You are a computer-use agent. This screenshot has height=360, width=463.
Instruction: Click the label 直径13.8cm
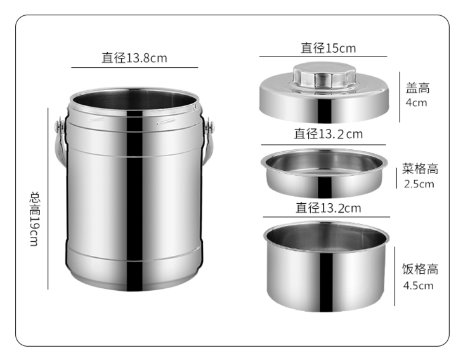point(134,58)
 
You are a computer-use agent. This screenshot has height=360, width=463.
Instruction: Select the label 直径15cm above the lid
point(329,48)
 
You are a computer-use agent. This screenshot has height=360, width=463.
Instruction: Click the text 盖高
point(417,88)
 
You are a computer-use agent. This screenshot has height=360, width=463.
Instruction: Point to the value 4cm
point(416,103)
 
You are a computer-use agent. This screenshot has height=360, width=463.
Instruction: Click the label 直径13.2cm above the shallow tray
point(328,134)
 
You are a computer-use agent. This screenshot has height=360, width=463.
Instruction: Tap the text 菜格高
point(420,169)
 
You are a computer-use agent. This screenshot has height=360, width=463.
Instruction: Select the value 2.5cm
point(419,184)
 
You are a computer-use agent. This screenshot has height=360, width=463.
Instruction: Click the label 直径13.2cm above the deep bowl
point(329,208)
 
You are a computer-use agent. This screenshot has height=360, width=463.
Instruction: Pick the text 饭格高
point(420,269)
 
